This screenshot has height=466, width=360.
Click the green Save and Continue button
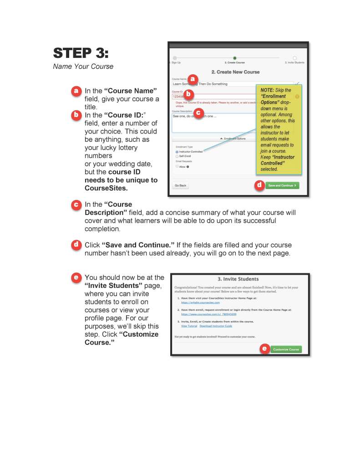(x=282, y=185)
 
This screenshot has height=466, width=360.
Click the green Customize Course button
(x=286, y=349)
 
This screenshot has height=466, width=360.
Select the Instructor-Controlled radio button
(x=177, y=152)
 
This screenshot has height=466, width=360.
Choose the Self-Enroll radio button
(x=177, y=156)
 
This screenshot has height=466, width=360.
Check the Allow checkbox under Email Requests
(x=177, y=166)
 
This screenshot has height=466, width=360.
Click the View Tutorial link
(x=189, y=326)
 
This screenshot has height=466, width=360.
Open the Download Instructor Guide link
(x=216, y=326)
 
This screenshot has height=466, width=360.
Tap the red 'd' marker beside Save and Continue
(x=259, y=185)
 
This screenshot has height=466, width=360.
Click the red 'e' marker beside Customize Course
(x=264, y=349)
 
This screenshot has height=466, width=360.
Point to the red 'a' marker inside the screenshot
(x=193, y=79)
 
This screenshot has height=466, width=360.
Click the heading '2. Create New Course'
(x=235, y=72)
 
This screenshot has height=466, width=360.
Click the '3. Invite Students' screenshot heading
(x=242, y=279)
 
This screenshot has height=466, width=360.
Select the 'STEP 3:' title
(x=81, y=53)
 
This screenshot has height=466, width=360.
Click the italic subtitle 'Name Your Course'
(x=83, y=67)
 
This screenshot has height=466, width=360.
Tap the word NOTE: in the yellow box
(x=268, y=90)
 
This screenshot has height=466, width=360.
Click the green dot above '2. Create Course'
(x=234, y=58)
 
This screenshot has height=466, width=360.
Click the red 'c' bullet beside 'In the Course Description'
(x=76, y=205)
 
